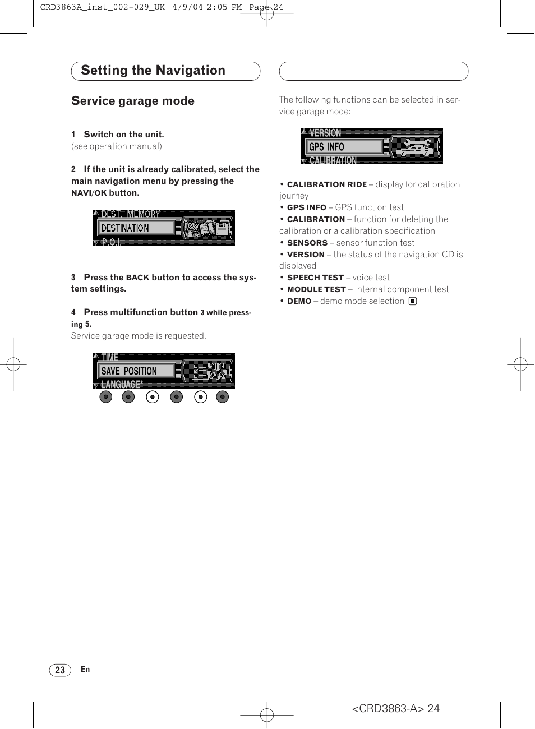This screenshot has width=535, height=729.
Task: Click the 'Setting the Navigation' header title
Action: click(153, 71)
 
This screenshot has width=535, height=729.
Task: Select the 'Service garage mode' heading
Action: click(133, 101)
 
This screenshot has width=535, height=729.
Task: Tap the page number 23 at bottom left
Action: click(60, 670)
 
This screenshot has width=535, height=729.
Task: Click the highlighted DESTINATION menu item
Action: click(125, 228)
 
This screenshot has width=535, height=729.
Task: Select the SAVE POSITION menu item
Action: click(129, 371)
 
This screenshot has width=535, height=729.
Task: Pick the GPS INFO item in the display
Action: click(326, 147)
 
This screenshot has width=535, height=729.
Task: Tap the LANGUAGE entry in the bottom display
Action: click(122, 385)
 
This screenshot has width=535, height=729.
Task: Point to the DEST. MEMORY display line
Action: click(131, 214)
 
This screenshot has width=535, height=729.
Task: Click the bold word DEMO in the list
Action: click(299, 302)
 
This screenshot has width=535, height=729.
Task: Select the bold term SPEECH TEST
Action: click(315, 278)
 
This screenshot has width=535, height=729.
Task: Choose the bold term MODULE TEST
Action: click(316, 290)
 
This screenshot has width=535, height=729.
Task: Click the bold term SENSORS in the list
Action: click(307, 243)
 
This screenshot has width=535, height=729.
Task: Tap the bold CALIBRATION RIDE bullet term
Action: click(327, 185)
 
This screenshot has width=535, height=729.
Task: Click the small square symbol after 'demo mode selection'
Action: click(413, 301)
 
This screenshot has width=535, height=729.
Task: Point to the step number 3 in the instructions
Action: click(73, 278)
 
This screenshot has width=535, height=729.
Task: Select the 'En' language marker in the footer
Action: click(85, 669)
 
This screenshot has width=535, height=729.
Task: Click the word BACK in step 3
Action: click(137, 278)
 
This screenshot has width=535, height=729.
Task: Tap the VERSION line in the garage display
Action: click(325, 133)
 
